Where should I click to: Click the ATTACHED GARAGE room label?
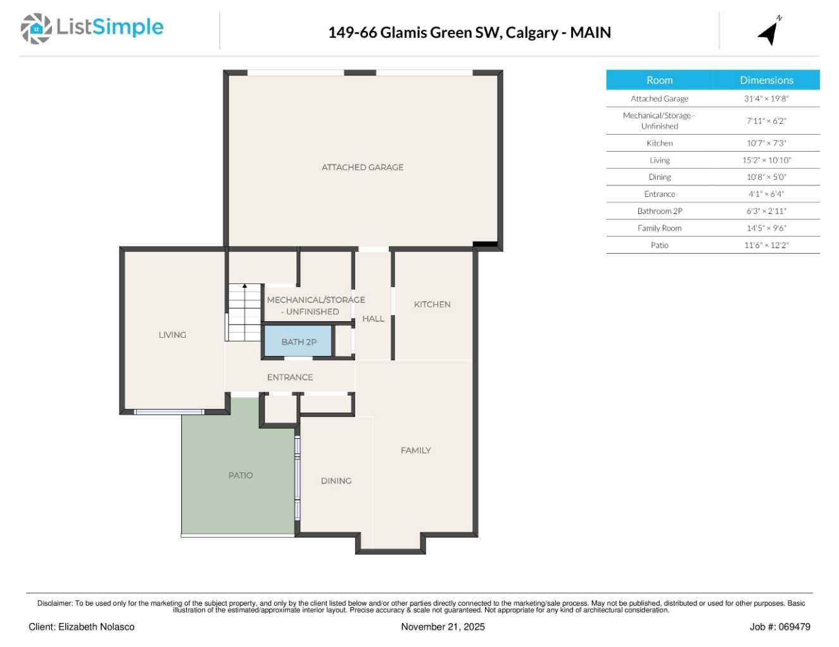click(362, 167)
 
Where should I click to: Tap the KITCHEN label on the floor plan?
click(432, 304)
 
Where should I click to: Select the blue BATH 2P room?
click(298, 342)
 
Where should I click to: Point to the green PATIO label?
click(241, 475)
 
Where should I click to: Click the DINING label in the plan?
click(336, 481)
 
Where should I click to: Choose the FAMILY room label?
click(415, 450)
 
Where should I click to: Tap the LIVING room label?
click(172, 335)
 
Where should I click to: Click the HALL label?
click(373, 319)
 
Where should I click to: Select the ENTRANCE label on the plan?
click(290, 377)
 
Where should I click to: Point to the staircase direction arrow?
click(245, 287)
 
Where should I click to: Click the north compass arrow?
click(769, 32)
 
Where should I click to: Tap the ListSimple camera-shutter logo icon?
click(36, 28)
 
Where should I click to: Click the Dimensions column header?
click(766, 80)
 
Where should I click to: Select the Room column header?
click(659, 80)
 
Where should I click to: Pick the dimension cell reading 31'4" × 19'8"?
click(766, 99)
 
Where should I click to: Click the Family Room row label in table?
click(659, 228)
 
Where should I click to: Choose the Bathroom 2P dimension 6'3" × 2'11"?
click(766, 211)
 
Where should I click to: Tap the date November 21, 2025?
click(443, 627)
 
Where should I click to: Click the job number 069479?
click(794, 627)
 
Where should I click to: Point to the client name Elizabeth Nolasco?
click(96, 627)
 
